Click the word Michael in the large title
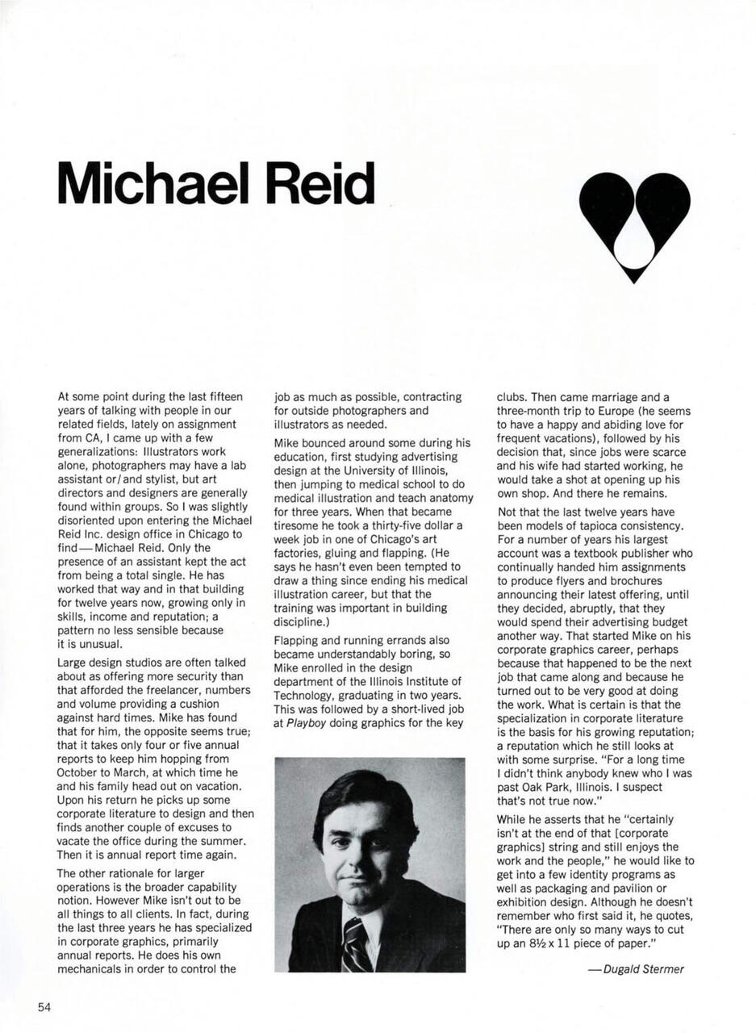154,183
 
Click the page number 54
44,1006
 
